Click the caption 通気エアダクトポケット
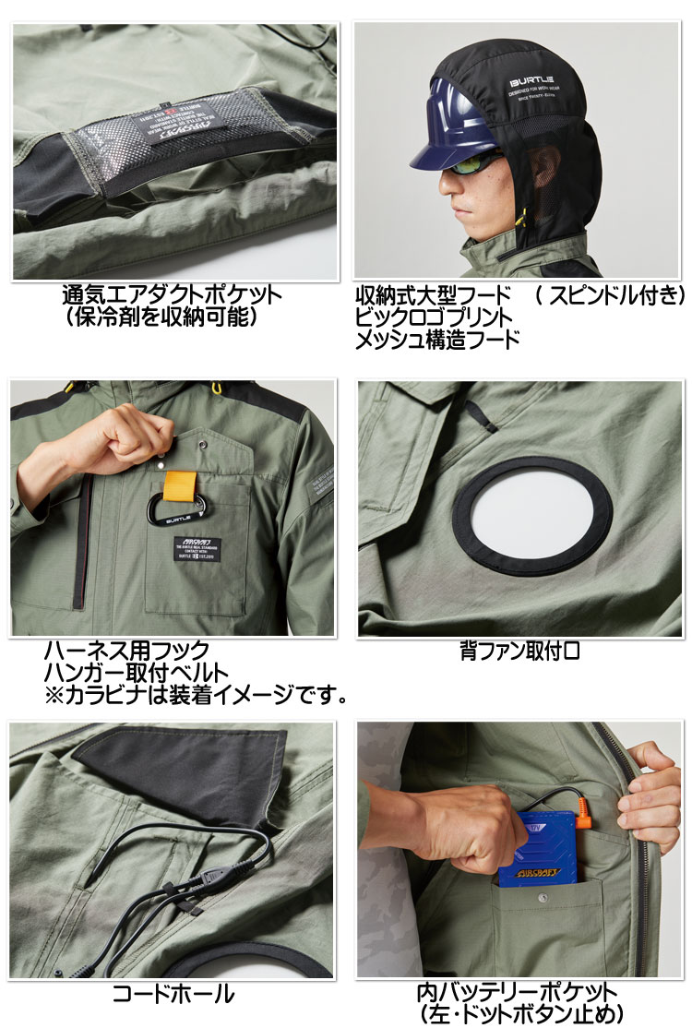click(x=172, y=296)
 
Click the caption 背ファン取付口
click(x=519, y=651)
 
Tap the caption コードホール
click(x=173, y=993)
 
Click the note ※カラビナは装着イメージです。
click(x=196, y=694)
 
